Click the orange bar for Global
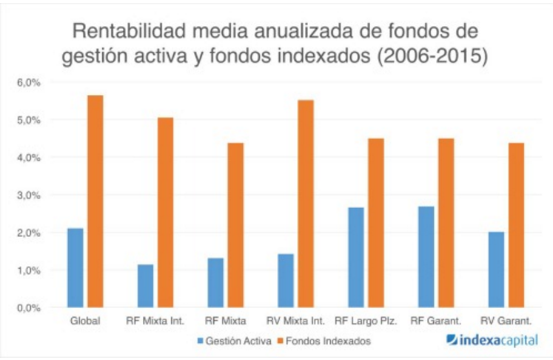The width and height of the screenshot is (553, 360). (x=95, y=201)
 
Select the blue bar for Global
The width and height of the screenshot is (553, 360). (x=75, y=267)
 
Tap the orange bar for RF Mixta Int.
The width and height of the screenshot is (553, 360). (x=165, y=213)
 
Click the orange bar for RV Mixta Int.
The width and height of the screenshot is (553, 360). (x=306, y=204)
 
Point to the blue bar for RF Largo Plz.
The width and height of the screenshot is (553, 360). (x=355, y=257)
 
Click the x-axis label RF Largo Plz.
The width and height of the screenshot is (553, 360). (x=366, y=321)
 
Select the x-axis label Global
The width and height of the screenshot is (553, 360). (x=85, y=321)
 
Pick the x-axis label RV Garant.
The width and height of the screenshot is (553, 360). (x=506, y=321)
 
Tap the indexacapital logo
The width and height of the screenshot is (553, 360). (x=492, y=341)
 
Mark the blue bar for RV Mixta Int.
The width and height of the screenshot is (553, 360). (x=285, y=281)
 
